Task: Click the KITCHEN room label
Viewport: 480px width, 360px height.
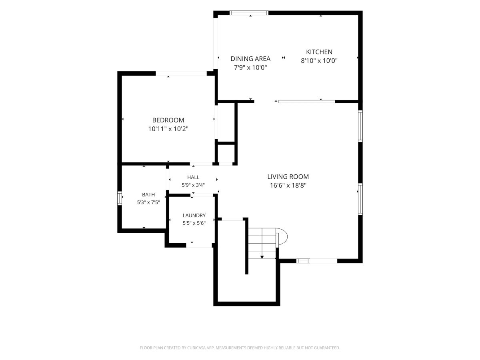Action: (x=319, y=52)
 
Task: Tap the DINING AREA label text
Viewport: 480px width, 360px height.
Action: (x=250, y=58)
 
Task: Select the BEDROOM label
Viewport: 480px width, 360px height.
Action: (x=168, y=120)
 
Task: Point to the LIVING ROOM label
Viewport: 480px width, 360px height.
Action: (x=288, y=177)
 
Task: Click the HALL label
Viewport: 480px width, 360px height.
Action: (x=193, y=177)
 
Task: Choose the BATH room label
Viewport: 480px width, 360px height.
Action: (x=148, y=194)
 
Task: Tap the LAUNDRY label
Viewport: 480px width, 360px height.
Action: (x=194, y=215)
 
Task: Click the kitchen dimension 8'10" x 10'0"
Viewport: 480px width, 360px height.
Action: (x=319, y=60)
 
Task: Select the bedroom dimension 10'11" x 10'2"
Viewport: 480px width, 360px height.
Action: (x=168, y=129)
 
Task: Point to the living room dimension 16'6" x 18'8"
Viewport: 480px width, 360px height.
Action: (x=288, y=185)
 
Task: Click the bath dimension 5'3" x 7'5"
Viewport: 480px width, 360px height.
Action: (x=148, y=202)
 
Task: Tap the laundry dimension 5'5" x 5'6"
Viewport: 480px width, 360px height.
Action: (x=194, y=223)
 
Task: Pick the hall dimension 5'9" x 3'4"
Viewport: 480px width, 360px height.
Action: (x=193, y=185)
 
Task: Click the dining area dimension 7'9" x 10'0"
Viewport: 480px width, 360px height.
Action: (x=250, y=67)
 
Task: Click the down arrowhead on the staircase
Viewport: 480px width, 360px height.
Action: (x=262, y=257)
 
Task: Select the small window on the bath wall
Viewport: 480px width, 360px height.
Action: (x=119, y=198)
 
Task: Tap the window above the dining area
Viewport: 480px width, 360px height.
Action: (x=249, y=13)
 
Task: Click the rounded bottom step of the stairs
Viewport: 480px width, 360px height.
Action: (x=282, y=236)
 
